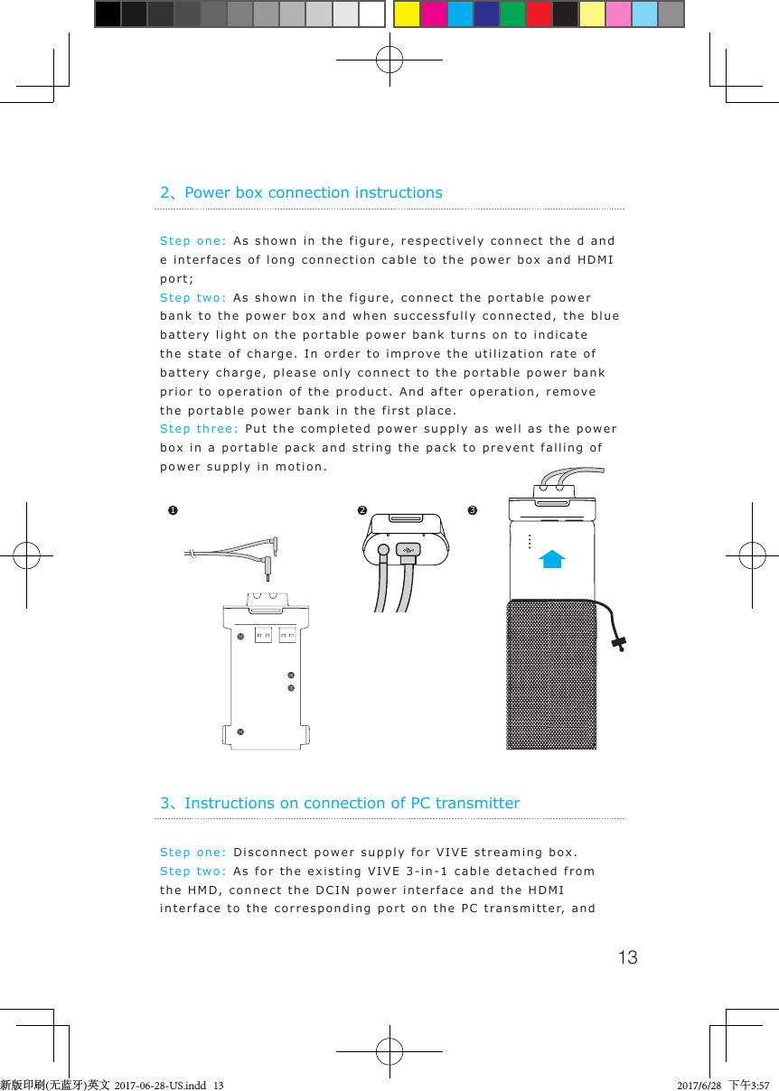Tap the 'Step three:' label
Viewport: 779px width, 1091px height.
(x=199, y=429)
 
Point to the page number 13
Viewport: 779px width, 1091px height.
(x=627, y=957)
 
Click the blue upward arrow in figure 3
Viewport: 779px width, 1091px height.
(x=551, y=559)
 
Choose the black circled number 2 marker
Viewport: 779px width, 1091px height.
(x=361, y=511)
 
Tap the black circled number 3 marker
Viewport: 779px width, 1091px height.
(x=472, y=511)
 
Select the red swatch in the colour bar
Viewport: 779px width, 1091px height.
(x=539, y=14)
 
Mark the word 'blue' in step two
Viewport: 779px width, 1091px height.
(x=604, y=316)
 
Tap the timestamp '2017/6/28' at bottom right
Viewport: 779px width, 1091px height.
(x=699, y=1084)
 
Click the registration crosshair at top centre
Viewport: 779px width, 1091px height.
(x=389, y=60)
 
